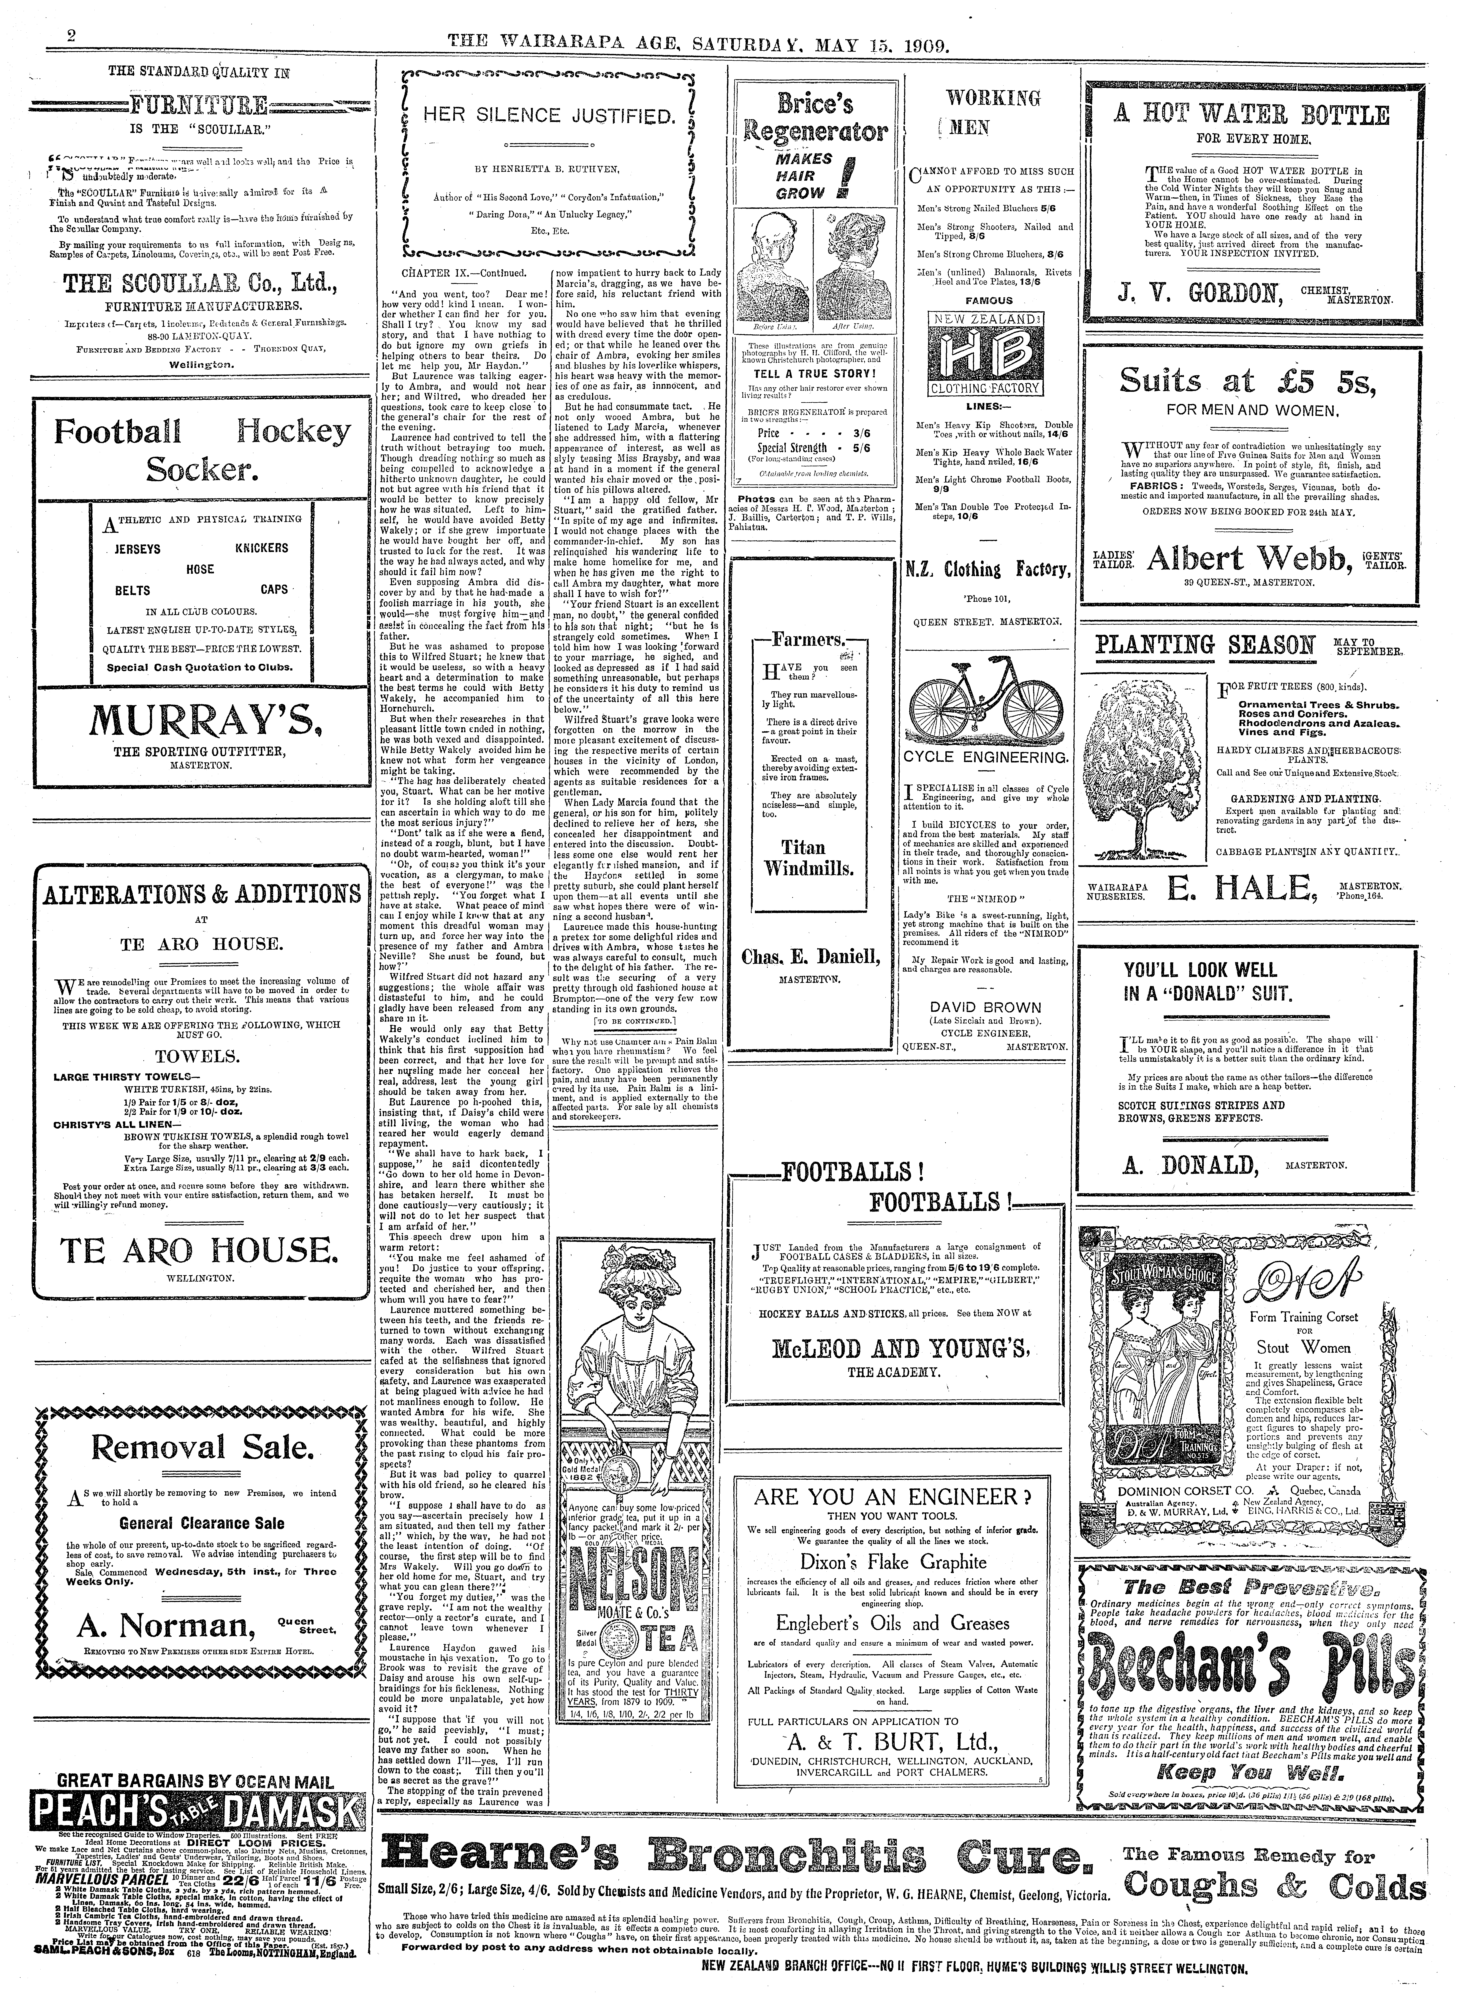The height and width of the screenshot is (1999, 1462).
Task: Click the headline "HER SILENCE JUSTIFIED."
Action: (549, 115)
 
